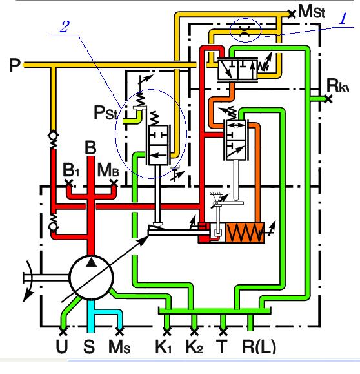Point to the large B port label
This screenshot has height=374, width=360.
(91, 147)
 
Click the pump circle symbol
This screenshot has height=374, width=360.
(91, 273)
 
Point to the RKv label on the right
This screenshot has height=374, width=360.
(339, 85)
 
